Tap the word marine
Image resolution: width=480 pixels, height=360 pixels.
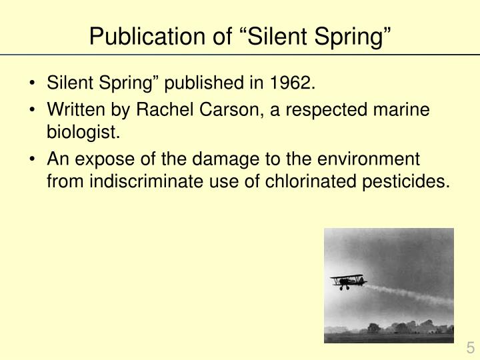coord(407,111)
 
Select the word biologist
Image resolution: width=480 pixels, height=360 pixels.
coord(83,133)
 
